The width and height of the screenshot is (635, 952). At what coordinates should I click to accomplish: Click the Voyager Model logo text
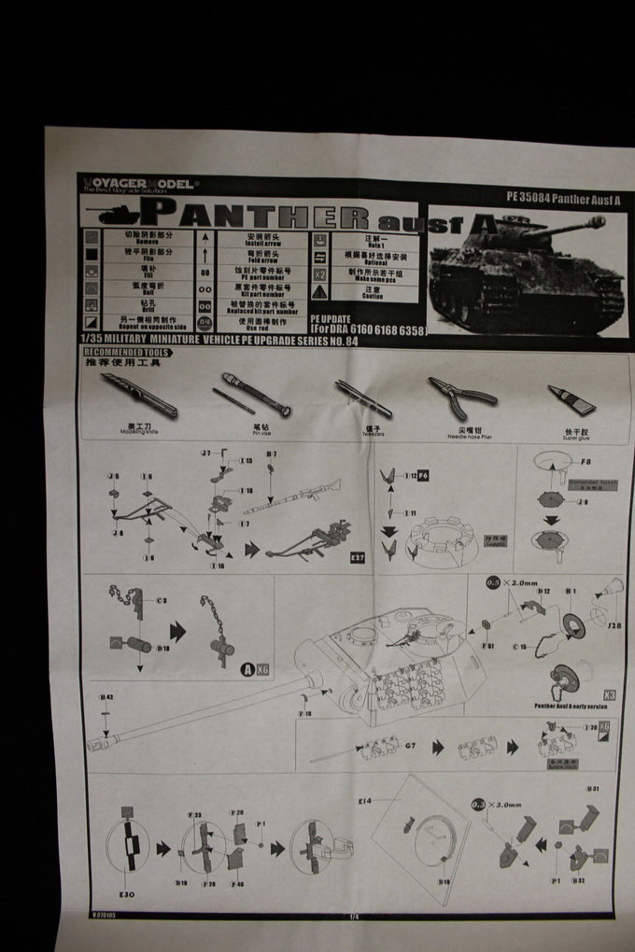pos(137,184)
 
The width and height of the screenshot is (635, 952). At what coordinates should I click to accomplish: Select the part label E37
pos(356,558)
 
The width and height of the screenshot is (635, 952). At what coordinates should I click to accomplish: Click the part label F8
pos(586,461)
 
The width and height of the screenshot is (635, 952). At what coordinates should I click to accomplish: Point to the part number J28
pos(614,626)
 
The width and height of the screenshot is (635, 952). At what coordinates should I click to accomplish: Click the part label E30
pos(126,895)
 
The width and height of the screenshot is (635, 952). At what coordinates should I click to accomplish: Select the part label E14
pos(363,800)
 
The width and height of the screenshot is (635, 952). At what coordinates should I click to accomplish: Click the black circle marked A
pos(247,669)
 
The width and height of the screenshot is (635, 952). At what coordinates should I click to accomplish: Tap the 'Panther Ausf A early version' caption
pos(570,707)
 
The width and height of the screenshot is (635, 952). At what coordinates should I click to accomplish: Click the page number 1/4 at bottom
pos(353,917)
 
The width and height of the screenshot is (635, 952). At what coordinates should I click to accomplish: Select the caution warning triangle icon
pos(319,292)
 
